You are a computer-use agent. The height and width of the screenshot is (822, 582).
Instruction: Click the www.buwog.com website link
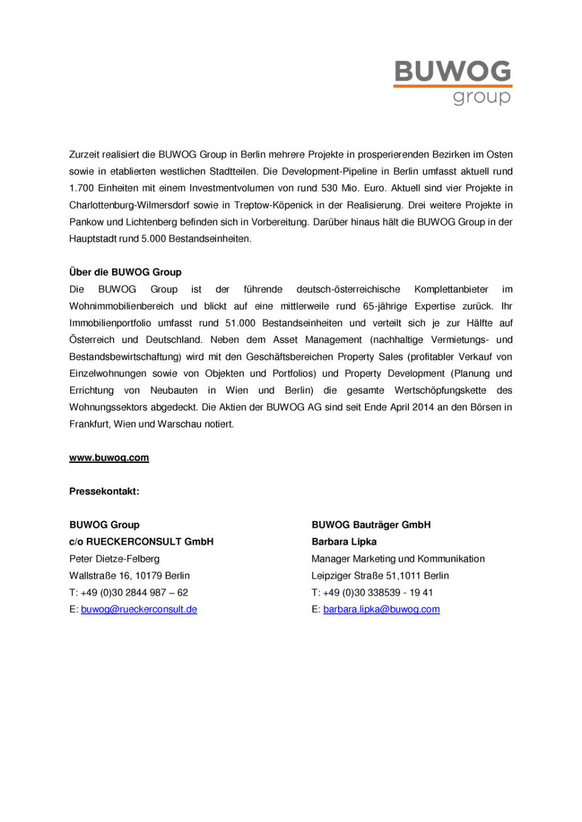point(109,458)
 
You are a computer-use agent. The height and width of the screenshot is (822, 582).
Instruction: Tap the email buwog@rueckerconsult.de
point(139,610)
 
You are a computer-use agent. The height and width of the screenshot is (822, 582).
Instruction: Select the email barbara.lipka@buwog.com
point(381,610)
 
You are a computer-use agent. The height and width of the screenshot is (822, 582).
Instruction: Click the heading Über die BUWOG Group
point(125,272)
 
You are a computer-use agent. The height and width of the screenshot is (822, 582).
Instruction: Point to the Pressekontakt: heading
point(104,491)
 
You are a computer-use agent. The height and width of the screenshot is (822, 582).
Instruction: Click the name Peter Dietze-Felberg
point(114,559)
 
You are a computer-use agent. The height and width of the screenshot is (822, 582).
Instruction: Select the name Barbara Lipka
point(344,542)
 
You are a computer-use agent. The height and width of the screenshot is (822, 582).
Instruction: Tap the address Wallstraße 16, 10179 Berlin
point(129,575)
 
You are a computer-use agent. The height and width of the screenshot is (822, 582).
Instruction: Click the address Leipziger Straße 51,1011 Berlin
point(380,575)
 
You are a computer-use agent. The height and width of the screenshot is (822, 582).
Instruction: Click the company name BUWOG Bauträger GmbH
point(371,525)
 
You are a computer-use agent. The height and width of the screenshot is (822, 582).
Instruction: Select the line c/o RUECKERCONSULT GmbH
point(141,542)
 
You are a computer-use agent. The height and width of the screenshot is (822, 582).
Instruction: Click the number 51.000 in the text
point(240,323)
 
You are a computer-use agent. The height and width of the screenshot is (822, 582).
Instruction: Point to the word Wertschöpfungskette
point(440,390)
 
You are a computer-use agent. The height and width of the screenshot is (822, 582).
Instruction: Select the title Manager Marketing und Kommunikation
point(398,559)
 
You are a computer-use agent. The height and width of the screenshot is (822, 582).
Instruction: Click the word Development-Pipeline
point(330,171)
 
